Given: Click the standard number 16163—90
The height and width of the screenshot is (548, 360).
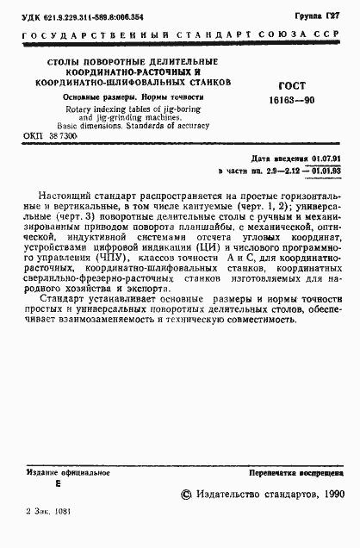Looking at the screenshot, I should coord(300,101).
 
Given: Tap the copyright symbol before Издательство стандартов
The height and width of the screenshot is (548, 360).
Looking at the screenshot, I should coord(188,495).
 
